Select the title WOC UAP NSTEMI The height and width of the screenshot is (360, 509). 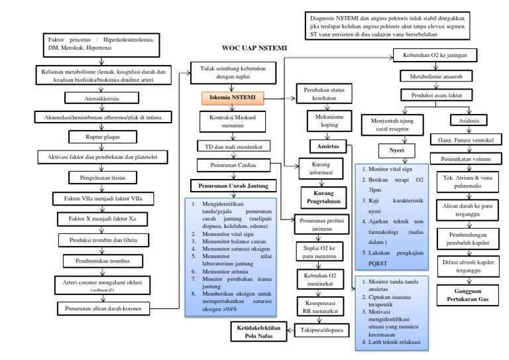click(x=249, y=48)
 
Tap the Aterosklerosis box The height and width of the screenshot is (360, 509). click(x=103, y=97)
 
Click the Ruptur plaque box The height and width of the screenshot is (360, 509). click(x=103, y=137)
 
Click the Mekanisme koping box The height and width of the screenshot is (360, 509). click(x=327, y=119)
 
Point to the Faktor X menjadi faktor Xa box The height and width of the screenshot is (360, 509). click(x=103, y=218)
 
